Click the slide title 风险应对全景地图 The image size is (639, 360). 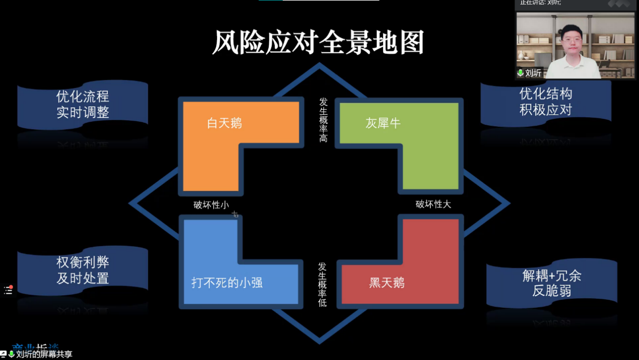pyautogui.click(x=318, y=42)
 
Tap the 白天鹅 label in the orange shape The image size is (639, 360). pyautogui.click(x=224, y=123)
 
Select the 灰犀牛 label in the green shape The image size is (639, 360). pyautogui.click(x=383, y=123)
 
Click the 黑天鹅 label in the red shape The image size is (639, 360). pyautogui.click(x=387, y=283)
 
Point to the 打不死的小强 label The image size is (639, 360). pyautogui.click(x=227, y=283)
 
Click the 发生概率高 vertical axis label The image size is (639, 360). pyautogui.click(x=323, y=119)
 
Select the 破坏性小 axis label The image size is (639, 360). pyautogui.click(x=211, y=205)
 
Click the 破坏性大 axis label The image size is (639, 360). pyautogui.click(x=433, y=205)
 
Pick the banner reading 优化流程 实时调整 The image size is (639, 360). pyautogui.click(x=83, y=104)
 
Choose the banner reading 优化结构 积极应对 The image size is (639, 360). pyautogui.click(x=546, y=101)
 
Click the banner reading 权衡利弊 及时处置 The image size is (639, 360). pyautogui.click(x=83, y=270)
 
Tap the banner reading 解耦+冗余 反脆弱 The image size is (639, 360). pyautogui.click(x=552, y=283)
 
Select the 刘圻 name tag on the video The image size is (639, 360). pyautogui.click(x=533, y=73)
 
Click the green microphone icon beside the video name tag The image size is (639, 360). pyautogui.click(x=521, y=73)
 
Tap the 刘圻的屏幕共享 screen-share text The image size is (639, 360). pyautogui.click(x=44, y=354)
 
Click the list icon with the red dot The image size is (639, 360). pyautogui.click(x=8, y=290)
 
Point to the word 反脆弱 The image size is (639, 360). pyautogui.click(x=552, y=291)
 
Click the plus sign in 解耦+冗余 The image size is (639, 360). pyautogui.click(x=551, y=276)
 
